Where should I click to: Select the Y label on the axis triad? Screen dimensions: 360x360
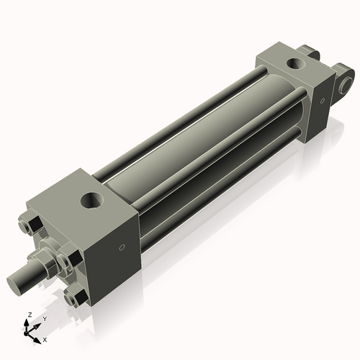(x=44, y=319)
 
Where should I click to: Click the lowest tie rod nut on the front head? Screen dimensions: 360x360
(x=75, y=297)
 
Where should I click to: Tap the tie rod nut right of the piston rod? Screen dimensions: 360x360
(x=68, y=258)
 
